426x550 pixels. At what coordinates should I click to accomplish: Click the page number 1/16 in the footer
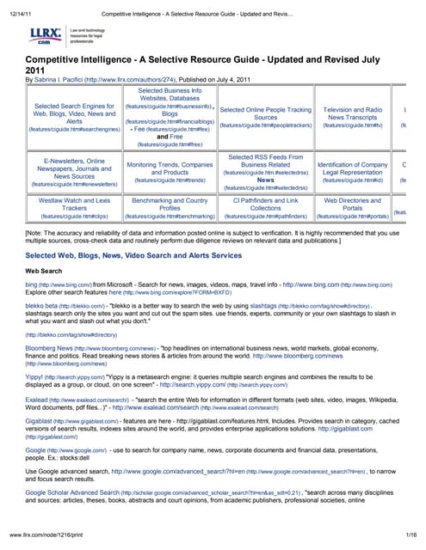click(410, 535)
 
